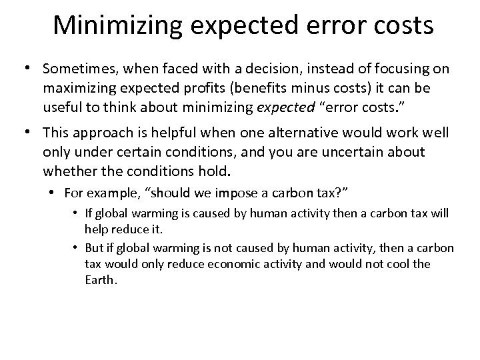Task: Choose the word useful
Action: (62, 106)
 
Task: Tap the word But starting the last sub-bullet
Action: (95, 248)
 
